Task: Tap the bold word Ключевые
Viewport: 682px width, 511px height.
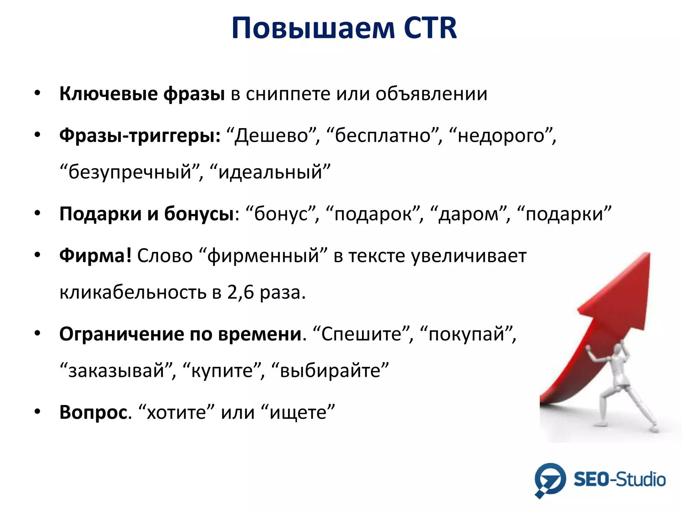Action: (x=109, y=94)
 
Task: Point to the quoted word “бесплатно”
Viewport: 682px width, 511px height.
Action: (x=383, y=136)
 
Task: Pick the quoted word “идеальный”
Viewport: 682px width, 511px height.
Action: (x=270, y=172)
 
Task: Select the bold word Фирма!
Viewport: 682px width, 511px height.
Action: (x=95, y=255)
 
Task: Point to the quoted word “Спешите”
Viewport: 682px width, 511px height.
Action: (x=362, y=334)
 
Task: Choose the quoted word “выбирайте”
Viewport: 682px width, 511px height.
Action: (x=330, y=371)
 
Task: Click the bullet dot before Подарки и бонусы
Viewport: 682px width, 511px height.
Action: (x=37, y=213)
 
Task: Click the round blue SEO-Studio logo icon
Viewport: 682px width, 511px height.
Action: (x=550, y=479)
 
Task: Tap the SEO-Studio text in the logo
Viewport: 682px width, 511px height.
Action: (x=619, y=479)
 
